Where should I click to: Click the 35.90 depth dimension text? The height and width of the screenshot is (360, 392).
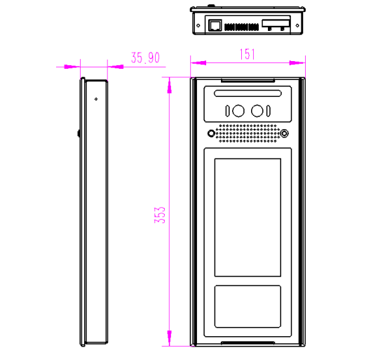point(145,58)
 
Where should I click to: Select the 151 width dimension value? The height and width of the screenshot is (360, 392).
point(246,54)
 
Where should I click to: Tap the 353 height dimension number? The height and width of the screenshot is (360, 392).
point(160,214)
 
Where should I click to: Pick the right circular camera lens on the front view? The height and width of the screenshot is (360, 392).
point(257,110)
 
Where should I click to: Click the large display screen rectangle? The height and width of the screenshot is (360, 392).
point(248,218)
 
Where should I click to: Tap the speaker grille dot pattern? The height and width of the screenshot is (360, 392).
point(248,133)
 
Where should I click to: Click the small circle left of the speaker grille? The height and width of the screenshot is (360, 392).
point(210,133)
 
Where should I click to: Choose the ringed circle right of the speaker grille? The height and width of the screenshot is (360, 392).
point(285,133)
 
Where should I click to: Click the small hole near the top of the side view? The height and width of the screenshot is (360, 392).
point(96,98)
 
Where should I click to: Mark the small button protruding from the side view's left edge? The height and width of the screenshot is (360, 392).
point(79,132)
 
